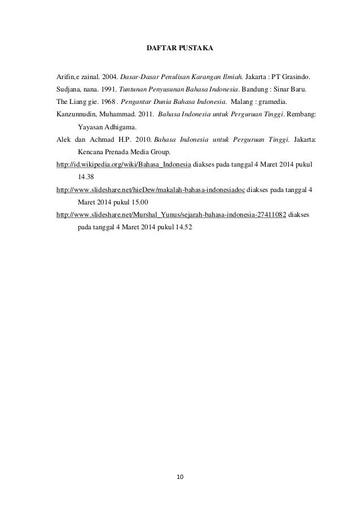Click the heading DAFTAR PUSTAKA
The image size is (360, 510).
click(x=180, y=50)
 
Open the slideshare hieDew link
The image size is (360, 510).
click(x=151, y=190)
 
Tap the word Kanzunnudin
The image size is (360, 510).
click(x=76, y=115)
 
